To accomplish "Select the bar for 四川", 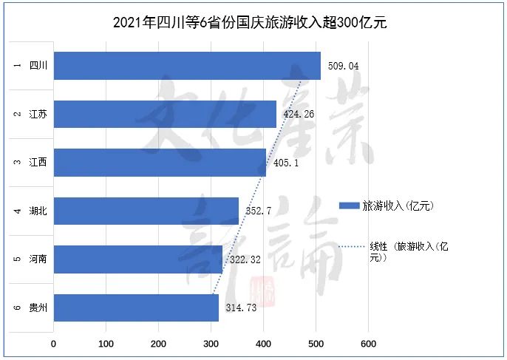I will pos(187,66).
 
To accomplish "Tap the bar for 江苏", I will pos(165,114).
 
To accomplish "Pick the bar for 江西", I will pos(160,163).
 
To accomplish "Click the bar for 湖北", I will pos(146,211).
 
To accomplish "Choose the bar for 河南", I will pos(138,259).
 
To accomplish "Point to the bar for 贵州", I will pos(136,308).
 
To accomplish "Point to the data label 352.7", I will pos(259,211).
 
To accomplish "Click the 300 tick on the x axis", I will pos(211,344).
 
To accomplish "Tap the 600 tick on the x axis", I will pos(369,344).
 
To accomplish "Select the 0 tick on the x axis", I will pos(54,344).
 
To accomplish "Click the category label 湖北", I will pos(39,211).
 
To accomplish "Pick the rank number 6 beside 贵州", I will pos(17,308).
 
